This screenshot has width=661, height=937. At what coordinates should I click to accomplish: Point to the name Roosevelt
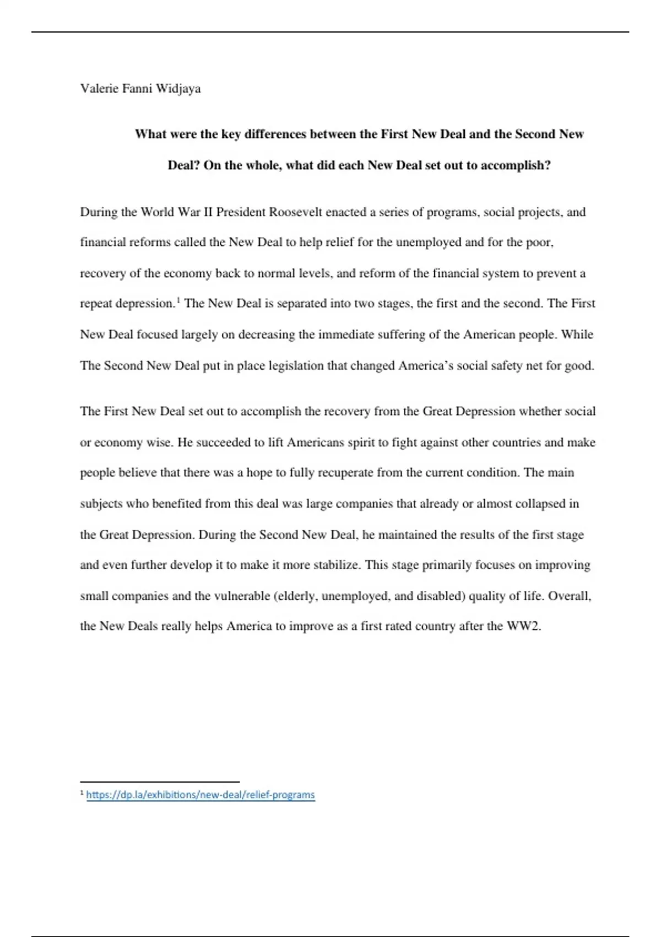[295, 212]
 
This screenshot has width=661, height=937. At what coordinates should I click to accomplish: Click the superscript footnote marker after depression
[178, 300]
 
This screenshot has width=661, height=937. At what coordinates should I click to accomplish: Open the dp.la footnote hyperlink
[201, 795]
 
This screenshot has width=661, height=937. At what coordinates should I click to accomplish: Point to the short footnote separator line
[160, 782]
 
